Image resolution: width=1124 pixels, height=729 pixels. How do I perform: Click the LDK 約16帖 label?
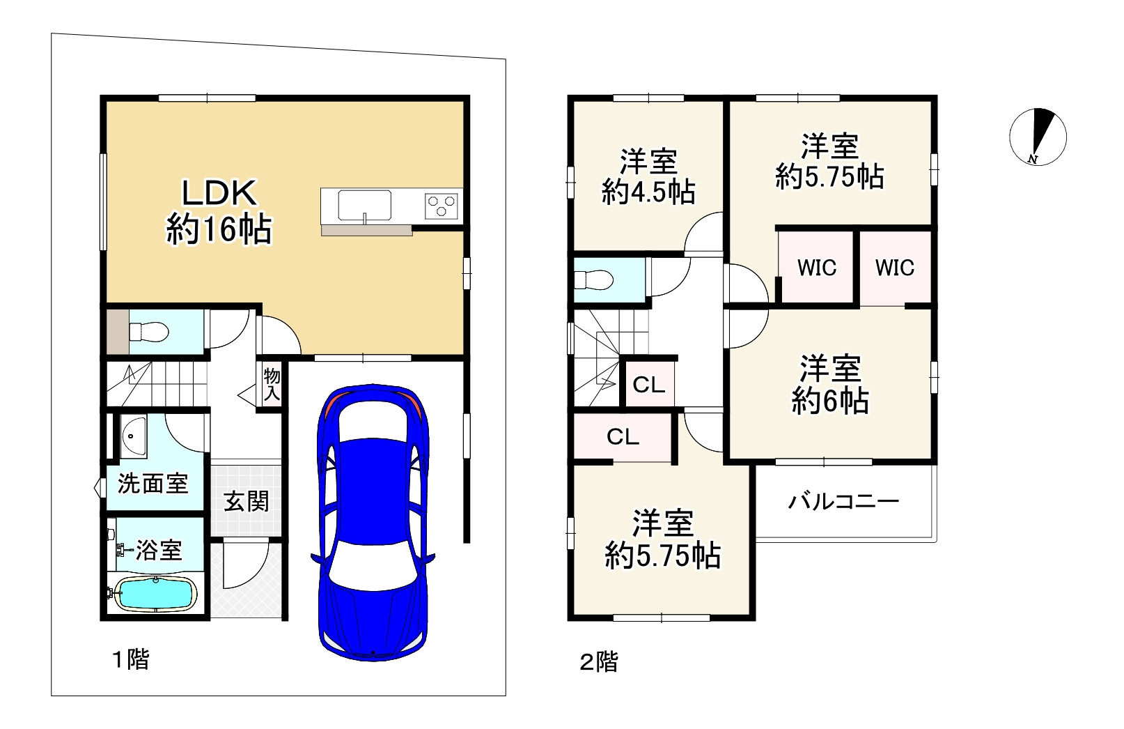point(219,213)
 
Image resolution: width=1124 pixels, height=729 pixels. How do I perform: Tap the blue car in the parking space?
point(373,523)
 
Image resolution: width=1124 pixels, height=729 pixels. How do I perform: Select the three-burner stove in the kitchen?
point(442,206)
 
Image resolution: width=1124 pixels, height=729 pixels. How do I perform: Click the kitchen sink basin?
point(364,206)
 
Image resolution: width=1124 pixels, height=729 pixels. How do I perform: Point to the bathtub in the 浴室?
point(155,594)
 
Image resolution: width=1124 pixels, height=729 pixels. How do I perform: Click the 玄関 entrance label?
point(247,502)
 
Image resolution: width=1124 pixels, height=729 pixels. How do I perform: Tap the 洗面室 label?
point(153,484)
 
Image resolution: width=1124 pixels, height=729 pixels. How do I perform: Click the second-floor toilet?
point(593,279)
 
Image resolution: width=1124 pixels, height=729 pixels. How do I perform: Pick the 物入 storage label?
point(272,384)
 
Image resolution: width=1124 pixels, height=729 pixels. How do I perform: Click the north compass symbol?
point(1038,137)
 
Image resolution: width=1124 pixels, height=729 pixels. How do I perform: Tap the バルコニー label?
point(843,501)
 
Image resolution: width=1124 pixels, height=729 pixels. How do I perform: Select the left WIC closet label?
point(817,268)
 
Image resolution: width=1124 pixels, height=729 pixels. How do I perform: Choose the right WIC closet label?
point(895,268)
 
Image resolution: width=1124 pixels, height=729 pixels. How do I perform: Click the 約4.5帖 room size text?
point(648,192)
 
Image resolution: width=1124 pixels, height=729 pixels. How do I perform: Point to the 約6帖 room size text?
point(830,401)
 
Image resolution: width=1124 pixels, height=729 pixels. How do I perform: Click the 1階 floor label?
point(130,659)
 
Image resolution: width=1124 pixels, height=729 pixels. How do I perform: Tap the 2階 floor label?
point(599,661)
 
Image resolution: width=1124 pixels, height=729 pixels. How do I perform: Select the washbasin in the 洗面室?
point(133,437)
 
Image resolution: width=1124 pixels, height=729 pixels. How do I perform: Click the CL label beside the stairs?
point(649,385)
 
